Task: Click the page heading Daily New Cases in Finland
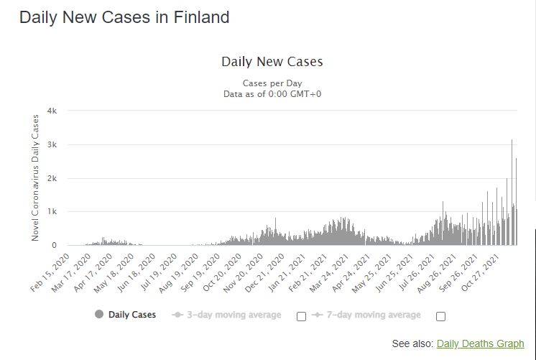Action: click(124, 17)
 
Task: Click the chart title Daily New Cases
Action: click(272, 62)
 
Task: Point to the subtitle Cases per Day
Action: click(272, 83)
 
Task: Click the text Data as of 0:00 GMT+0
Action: click(272, 93)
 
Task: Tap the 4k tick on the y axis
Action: click(52, 111)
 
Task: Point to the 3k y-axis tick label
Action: click(52, 144)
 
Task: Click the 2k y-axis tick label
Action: click(52, 178)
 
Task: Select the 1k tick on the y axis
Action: click(52, 212)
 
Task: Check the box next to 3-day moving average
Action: click(301, 316)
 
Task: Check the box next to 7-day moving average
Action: click(440, 316)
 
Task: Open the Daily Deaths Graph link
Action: click(480, 344)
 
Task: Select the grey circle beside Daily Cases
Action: click(98, 315)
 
